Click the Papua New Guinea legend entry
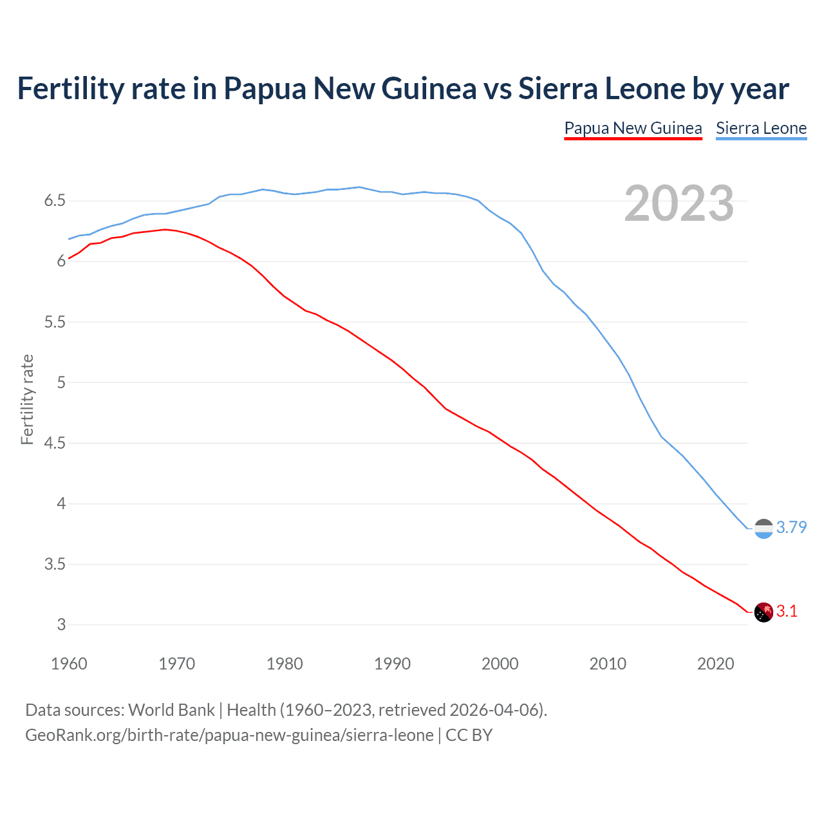[x=633, y=128]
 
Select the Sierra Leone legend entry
[x=761, y=128]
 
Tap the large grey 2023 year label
[x=679, y=203]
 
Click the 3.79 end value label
[x=791, y=528]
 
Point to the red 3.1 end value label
[x=787, y=612]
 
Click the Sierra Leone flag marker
[x=763, y=529]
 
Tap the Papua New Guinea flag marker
[x=763, y=612]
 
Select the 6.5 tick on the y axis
[x=55, y=201]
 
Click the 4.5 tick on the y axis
[x=55, y=444]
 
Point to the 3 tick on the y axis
[x=61, y=625]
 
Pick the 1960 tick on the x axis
[x=69, y=664]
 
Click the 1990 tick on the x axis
[x=392, y=664]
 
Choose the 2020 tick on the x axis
[x=715, y=664]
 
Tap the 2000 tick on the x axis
[x=500, y=664]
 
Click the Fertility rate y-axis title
[x=27, y=399]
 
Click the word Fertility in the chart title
[x=70, y=89]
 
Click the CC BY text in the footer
[x=469, y=735]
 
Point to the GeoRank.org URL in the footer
[x=229, y=735]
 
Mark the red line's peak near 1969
[x=165, y=229]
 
